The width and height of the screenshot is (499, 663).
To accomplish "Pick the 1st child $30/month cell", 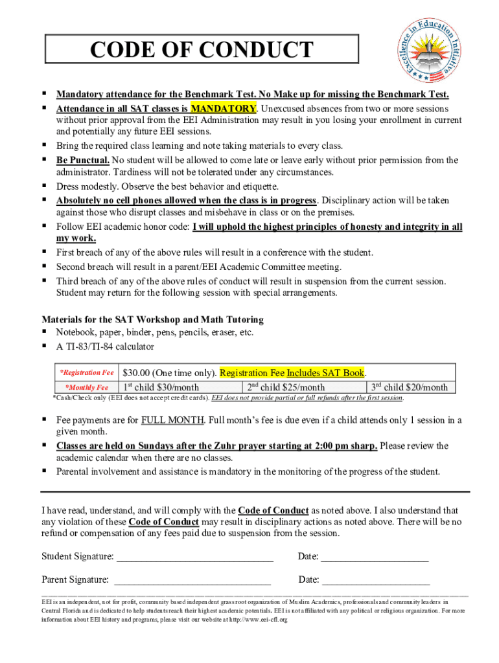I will [161, 387].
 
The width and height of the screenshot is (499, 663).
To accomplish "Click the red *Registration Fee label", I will [86, 373].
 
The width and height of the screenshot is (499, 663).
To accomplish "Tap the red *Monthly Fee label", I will [89, 387].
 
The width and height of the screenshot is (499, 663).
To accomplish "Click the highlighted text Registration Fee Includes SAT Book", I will [292, 373].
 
